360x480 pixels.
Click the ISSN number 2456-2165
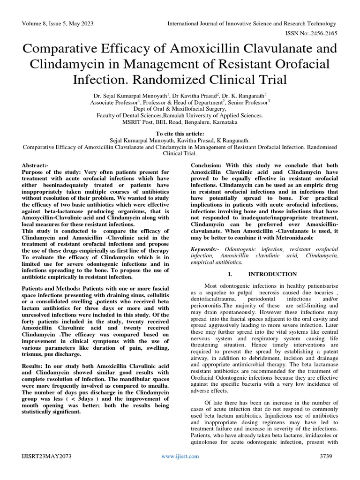pos(321,33)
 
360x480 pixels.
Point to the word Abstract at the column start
pos(34,166)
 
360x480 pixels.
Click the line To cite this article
pos(180,134)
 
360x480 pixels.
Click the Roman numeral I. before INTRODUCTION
pos(229,274)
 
